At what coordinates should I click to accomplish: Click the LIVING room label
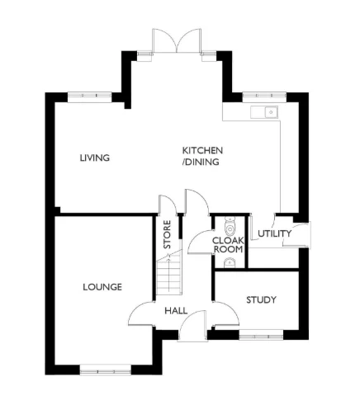coord(95,158)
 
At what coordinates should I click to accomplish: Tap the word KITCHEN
coord(202,151)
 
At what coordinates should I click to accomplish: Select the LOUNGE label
coord(102,287)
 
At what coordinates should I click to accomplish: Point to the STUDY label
coord(261,299)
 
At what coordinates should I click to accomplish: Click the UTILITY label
coord(274,233)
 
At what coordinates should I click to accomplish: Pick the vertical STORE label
coord(167,234)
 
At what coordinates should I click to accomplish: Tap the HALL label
coord(176,311)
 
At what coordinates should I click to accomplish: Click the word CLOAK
coord(227,240)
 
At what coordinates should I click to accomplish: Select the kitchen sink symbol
coord(267,112)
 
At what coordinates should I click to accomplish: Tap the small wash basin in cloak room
coord(229,262)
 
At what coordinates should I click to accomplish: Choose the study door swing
coord(221,312)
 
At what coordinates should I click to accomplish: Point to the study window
coord(260,335)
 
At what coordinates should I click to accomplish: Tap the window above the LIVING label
coord(90,96)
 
